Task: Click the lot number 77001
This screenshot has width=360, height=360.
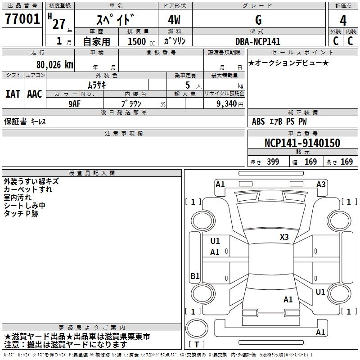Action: tap(22, 19)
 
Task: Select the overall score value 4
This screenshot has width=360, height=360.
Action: tap(343, 20)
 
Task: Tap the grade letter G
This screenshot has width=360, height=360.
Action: tap(258, 20)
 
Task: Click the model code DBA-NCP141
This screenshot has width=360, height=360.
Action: tap(258, 41)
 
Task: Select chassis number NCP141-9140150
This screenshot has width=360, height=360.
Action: tap(302, 143)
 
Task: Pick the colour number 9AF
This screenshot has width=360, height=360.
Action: tap(75, 103)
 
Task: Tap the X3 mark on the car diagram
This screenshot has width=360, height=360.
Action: tap(284, 237)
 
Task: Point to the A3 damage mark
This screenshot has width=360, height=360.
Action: tap(321, 184)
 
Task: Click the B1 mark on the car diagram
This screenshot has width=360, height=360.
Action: tap(195, 276)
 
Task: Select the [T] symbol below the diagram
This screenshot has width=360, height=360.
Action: tap(197, 345)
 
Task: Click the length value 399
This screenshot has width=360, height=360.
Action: tap(272, 162)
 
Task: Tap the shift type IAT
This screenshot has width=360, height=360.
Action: tap(13, 94)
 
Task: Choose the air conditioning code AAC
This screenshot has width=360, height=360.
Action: tap(34, 94)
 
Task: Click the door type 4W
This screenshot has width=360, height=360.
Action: tap(175, 20)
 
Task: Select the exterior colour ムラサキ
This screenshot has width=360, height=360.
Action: tap(96, 84)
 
